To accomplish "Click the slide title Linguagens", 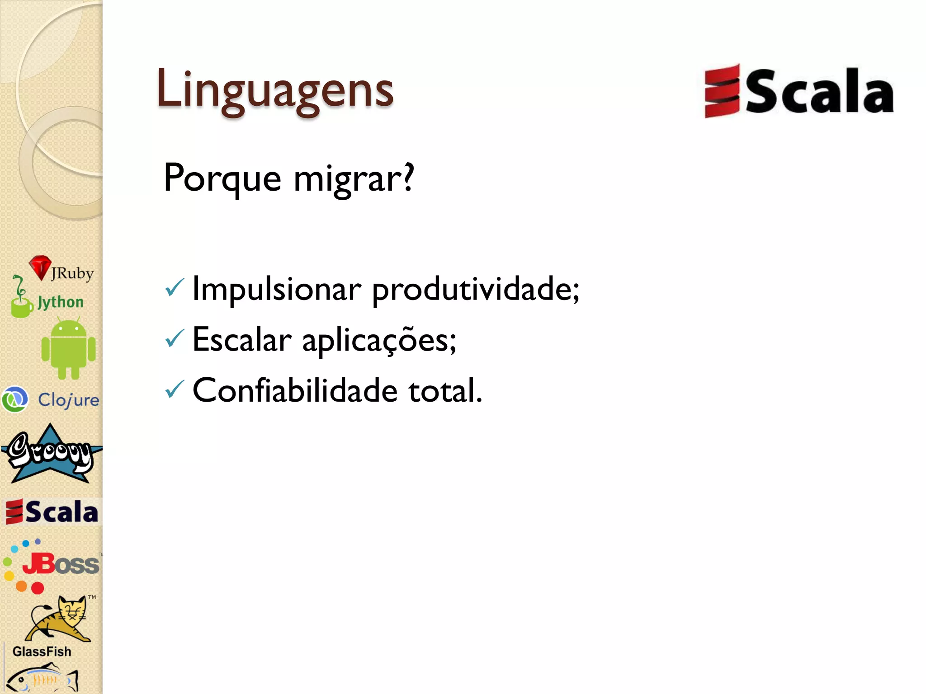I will [x=275, y=89].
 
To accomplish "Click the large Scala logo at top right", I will [x=798, y=91].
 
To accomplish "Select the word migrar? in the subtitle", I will [x=354, y=179].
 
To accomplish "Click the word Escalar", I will [x=242, y=340].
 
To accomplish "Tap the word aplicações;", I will [x=379, y=341].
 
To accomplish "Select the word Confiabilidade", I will [x=295, y=390].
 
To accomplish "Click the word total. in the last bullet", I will [x=445, y=390].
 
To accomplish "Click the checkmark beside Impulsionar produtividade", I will [x=175, y=287].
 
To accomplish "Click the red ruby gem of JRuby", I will [x=40, y=267].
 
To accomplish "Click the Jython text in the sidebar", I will [x=60, y=302].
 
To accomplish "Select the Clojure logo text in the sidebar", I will [x=68, y=400].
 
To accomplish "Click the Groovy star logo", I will [x=51, y=454].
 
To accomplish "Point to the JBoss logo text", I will [x=61, y=564].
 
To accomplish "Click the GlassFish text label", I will [x=42, y=652].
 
